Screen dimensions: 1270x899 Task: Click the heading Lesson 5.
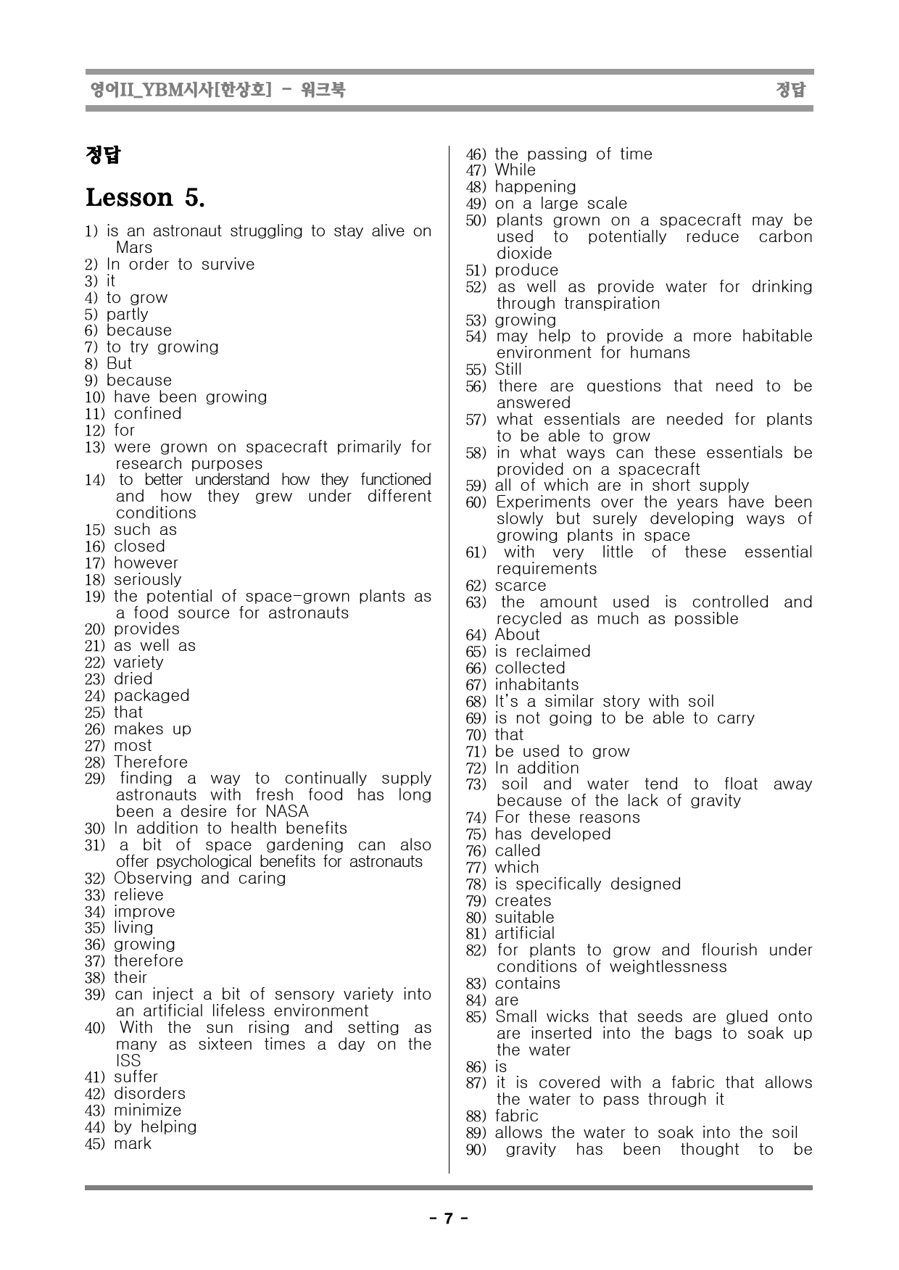[x=145, y=197]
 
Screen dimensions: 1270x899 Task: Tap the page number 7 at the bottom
[x=449, y=1218]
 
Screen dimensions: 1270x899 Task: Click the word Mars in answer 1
[x=134, y=247]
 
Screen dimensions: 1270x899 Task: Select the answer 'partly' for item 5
[x=127, y=314]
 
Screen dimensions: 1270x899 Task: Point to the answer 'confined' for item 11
[x=147, y=413]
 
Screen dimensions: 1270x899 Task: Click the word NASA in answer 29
[x=287, y=811]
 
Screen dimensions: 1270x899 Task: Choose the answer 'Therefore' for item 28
[x=150, y=762]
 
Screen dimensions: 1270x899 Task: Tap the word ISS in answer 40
[x=128, y=1061]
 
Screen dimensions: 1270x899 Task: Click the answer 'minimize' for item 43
[x=147, y=1110]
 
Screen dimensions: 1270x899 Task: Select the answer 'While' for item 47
[x=515, y=170]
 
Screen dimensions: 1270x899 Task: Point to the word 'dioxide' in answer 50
[x=524, y=253]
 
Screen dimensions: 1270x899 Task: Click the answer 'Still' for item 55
[x=507, y=369]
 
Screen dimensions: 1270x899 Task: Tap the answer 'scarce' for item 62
[x=520, y=585]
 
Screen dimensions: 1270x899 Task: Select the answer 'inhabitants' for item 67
[x=536, y=684]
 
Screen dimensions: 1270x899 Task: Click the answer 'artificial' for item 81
[x=524, y=933]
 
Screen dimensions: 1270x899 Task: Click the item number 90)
[x=476, y=1150]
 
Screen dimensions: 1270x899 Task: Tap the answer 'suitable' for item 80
[x=524, y=917]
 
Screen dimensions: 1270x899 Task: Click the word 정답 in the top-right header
[x=790, y=90]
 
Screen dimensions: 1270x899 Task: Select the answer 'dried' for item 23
[x=133, y=678]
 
